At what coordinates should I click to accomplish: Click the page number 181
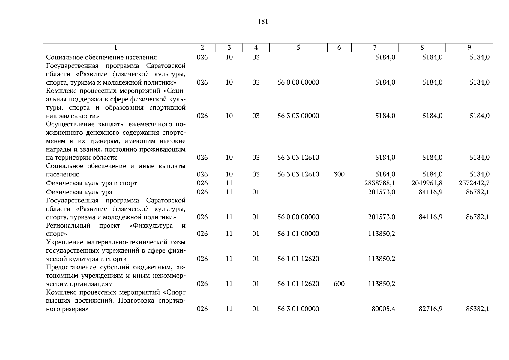(x=263, y=22)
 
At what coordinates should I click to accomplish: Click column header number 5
(x=298, y=48)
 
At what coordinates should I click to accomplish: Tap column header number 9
(x=469, y=48)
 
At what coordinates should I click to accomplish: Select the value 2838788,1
(x=380, y=183)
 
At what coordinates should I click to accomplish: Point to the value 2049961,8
(x=427, y=183)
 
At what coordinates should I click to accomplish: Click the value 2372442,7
(x=474, y=183)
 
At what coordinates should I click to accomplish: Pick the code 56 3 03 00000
(x=298, y=116)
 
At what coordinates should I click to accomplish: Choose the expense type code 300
(x=339, y=174)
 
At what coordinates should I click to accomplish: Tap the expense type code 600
(x=339, y=284)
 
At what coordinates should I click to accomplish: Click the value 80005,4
(x=383, y=309)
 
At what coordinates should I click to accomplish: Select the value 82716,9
(x=430, y=309)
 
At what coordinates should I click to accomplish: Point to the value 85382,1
(x=478, y=309)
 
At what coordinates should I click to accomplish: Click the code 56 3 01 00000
(x=298, y=309)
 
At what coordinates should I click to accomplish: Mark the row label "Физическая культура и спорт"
(x=91, y=183)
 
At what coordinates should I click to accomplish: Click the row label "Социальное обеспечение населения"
(x=101, y=57)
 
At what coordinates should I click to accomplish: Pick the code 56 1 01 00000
(x=298, y=234)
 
